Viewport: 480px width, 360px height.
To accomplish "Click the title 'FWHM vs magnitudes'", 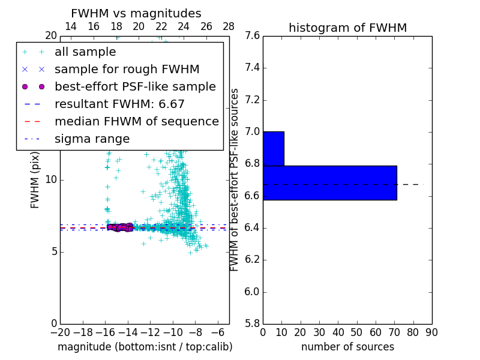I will pyautogui.click(x=136, y=13).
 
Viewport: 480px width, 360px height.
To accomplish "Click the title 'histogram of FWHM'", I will pyautogui.click(x=347, y=28).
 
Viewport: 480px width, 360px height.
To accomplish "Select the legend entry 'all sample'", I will pyautogui.click(x=85, y=52).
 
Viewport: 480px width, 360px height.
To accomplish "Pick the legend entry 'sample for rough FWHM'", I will pyautogui.click(x=127, y=70).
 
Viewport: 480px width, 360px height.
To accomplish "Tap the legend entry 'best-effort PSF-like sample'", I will pyautogui.click(x=135, y=87).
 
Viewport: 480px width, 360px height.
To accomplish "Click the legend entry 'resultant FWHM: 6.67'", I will pyautogui.click(x=119, y=104).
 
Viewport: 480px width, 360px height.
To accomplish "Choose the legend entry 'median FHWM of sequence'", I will pyautogui.click(x=136, y=122).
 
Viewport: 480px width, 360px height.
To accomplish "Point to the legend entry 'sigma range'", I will pyautogui.click(x=92, y=139).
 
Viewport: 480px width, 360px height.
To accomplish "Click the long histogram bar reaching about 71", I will pyautogui.click(x=329, y=182).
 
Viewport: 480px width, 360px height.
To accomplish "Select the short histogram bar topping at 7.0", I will pyautogui.click(x=273, y=148).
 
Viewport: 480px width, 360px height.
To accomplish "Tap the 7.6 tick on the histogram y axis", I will pyautogui.click(x=252, y=36).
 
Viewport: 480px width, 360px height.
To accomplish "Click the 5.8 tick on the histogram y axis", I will pyautogui.click(x=252, y=324).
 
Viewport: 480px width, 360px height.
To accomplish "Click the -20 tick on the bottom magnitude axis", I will pyautogui.click(x=59, y=331).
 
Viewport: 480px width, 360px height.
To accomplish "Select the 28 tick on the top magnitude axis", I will pyautogui.click(x=229, y=26).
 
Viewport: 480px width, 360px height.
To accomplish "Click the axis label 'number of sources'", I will pyautogui.click(x=347, y=347).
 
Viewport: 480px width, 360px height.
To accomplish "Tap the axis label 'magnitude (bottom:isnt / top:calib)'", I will pyautogui.click(x=145, y=347).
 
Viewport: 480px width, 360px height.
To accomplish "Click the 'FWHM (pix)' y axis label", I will pyautogui.click(x=35, y=180).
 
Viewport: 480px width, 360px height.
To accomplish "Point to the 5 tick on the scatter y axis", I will pyautogui.click(x=52, y=251).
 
